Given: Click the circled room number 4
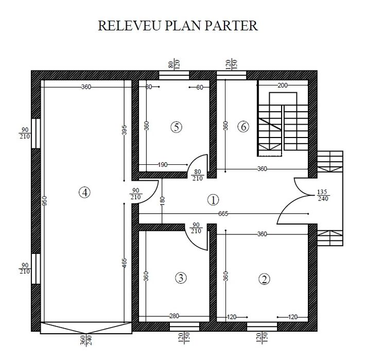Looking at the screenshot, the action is coord(84,193).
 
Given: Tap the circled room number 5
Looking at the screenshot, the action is coord(176,127).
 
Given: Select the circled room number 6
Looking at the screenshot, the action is coord(244,127).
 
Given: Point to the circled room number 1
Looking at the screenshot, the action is coord(213,200).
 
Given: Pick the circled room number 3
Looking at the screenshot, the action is coord(181,278).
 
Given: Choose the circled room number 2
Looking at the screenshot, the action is coord(264,279).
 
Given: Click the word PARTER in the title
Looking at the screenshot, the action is coord(231,26).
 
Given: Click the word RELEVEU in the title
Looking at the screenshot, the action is coord(129,26).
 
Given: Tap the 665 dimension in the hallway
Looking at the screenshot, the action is coord(223,214).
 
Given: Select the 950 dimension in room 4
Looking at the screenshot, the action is coord(45,201).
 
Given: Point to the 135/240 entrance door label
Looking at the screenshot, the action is coord(323,195).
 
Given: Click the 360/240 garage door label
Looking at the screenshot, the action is coord(86,340).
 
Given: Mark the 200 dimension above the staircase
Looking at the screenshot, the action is coord(283,85).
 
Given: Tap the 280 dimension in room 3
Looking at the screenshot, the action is coord(174,316).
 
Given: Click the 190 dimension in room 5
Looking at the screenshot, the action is coord(163,165).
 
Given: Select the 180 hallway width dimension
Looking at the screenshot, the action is coord(162,201).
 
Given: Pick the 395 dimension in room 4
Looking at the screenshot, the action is coord(124,130).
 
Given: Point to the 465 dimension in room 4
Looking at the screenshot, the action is coord(124,263).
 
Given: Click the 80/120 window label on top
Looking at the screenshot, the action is coord(174,64).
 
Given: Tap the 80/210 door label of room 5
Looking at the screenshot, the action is coord(197,175).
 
